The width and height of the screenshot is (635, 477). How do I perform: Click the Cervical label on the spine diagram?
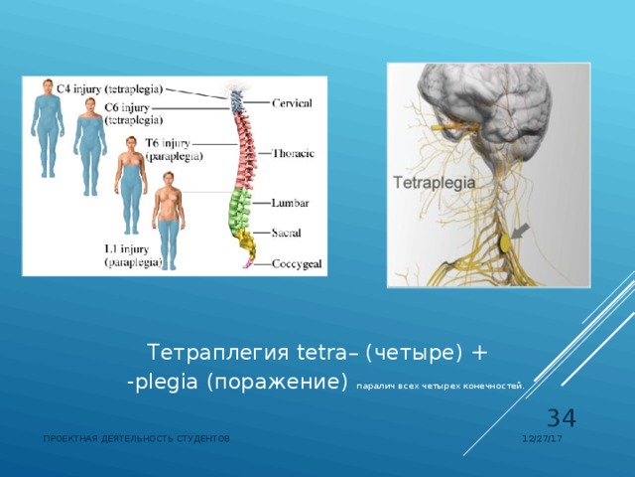point(294,102)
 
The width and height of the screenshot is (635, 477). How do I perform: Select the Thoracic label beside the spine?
point(295,154)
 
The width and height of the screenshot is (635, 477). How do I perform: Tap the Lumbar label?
point(290,203)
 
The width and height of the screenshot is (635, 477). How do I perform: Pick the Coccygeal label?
point(296,263)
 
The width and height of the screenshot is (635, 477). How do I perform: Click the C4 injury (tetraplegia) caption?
point(110,88)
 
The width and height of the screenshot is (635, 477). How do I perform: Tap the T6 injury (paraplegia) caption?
point(175,150)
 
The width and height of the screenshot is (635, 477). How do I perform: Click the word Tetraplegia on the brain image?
point(435,183)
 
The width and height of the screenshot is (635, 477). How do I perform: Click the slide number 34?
point(563,419)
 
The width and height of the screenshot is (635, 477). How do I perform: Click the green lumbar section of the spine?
point(239,208)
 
